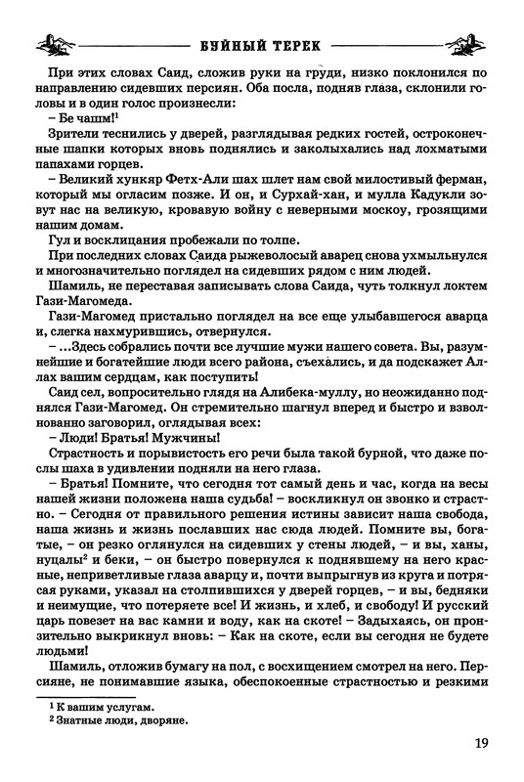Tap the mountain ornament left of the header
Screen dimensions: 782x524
55,44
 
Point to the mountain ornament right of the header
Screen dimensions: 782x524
466,44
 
